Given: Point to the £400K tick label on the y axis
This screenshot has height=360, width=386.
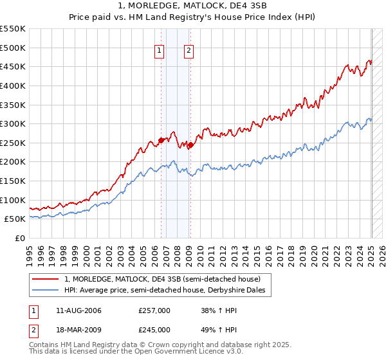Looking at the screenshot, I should point(12,85).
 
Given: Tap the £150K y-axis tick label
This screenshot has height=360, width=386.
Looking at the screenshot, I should point(12,181).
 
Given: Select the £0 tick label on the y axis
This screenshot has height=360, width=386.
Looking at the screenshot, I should point(20,239).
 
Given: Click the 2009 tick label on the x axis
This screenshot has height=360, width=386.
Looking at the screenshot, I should point(191,253).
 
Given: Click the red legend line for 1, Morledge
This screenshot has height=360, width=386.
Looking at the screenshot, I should point(45,280).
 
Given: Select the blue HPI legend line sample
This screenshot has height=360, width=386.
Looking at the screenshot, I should point(45,291).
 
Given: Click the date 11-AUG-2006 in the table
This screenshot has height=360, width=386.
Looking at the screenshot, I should point(78,310).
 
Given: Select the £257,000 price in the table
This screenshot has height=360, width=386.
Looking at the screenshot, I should point(154,310).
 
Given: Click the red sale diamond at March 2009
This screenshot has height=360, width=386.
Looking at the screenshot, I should point(190,145).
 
